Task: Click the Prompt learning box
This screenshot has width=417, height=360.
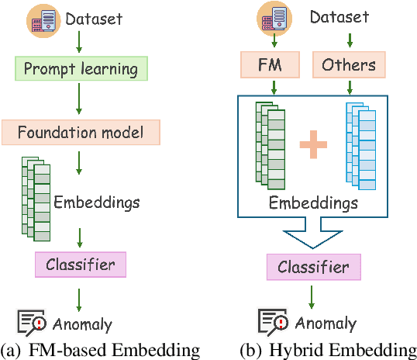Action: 81,69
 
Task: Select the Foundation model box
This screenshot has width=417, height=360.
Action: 81,132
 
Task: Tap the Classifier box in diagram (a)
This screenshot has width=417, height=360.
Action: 80,265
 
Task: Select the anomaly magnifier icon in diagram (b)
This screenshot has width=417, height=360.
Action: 272,322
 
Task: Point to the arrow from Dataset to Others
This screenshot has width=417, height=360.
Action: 349,39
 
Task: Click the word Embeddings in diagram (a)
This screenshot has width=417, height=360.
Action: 97,202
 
